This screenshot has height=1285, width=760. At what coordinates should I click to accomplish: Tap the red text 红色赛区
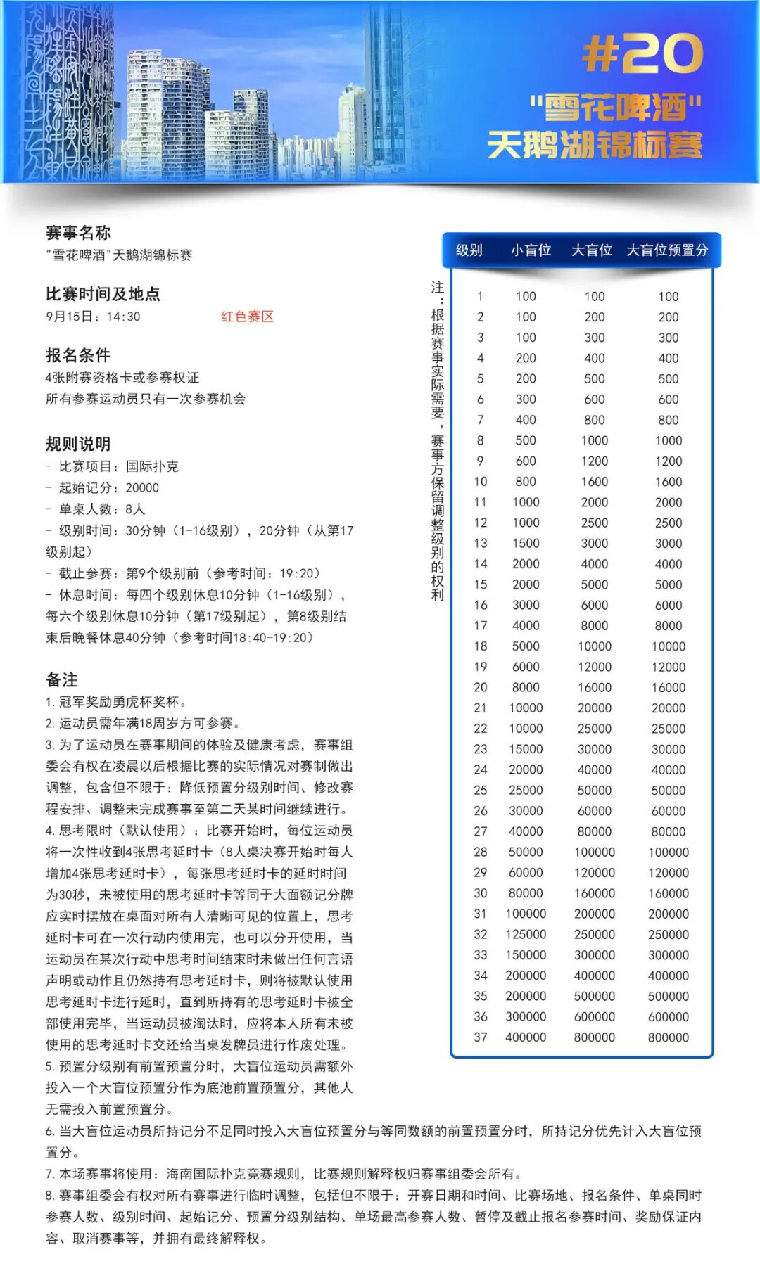coord(247,317)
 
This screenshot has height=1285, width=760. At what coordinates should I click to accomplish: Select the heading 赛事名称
coord(78,233)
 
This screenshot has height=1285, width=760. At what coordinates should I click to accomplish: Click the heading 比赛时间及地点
coord(103,294)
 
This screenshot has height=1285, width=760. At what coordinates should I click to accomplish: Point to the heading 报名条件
coord(78,355)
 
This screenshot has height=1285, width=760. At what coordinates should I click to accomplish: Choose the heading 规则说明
coord(78,444)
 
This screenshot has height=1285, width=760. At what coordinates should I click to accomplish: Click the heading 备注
coord(62,679)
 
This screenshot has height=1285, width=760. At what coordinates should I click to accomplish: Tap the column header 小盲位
coord(531,250)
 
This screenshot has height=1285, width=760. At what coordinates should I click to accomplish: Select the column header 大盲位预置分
coord(667,250)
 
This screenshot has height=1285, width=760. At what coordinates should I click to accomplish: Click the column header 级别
coord(469,250)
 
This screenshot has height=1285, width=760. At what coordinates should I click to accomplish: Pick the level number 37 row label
coord(480,1037)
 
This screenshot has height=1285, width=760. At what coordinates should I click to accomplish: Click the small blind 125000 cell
coord(526,935)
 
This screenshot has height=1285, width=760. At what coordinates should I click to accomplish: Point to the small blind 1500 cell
coord(526,544)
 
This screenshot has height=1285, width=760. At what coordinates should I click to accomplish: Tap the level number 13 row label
coord(480,544)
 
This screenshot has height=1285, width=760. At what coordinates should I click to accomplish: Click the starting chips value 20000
coord(142,488)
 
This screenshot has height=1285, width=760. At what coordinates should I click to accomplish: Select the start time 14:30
coord(124,317)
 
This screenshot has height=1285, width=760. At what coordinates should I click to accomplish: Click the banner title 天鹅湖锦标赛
coord(595,146)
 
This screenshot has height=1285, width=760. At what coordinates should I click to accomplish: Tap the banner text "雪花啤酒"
coord(616,108)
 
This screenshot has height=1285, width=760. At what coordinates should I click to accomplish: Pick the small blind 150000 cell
coord(526,955)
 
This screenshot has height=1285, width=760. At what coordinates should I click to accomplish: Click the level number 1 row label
coord(480,297)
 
